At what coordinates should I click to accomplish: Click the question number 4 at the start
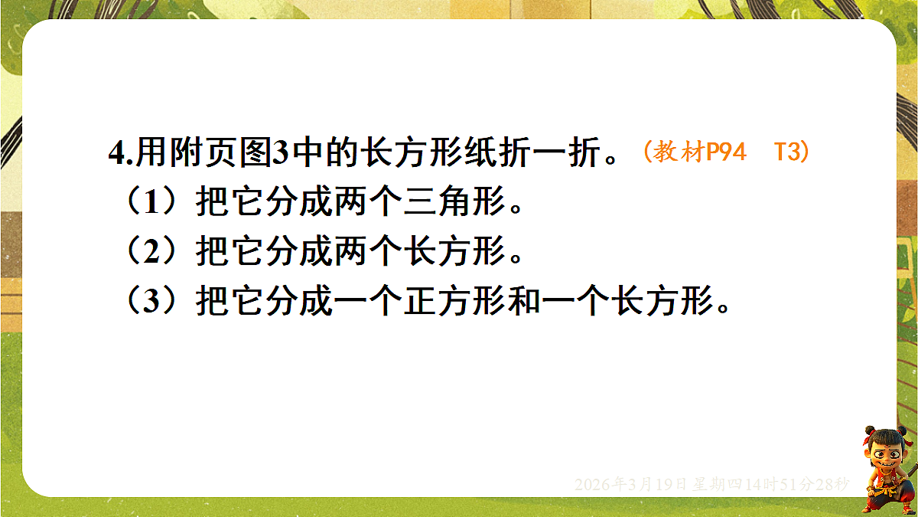tap(116, 154)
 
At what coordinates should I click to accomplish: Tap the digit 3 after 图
tap(280, 154)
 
